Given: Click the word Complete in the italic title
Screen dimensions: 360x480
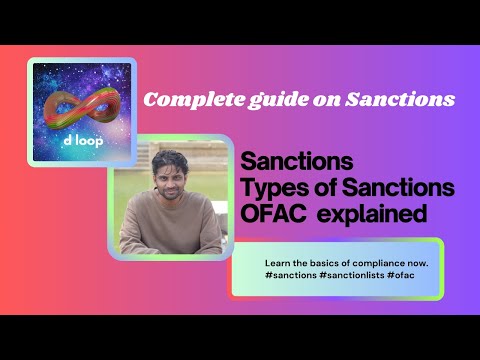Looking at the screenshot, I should pos(183,100).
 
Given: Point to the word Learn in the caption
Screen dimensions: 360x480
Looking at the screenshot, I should pos(277,261).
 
